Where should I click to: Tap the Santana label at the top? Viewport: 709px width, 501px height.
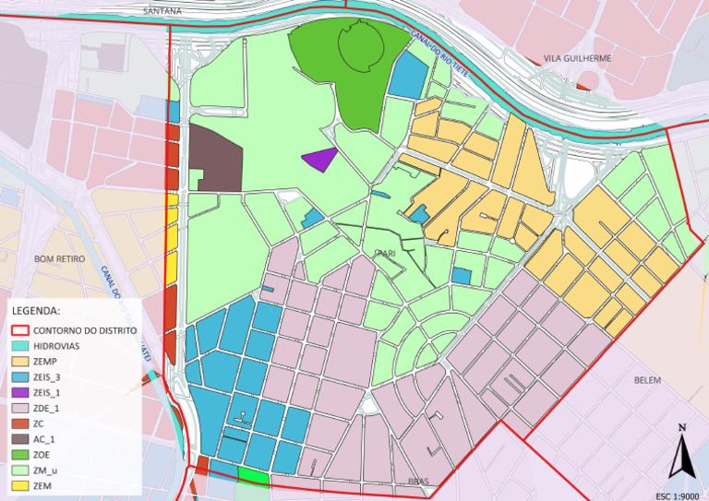pyautogui.click(x=163, y=11)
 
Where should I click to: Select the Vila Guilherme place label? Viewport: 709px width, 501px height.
pyautogui.click(x=578, y=58)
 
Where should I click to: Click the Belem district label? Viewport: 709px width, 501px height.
pyautogui.click(x=648, y=380)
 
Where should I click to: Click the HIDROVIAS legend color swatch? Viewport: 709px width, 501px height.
pyautogui.click(x=20, y=345)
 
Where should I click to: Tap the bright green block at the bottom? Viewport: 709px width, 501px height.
pyautogui.click(x=254, y=474)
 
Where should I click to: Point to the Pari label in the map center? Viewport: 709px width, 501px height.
pyautogui.click(x=385, y=252)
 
